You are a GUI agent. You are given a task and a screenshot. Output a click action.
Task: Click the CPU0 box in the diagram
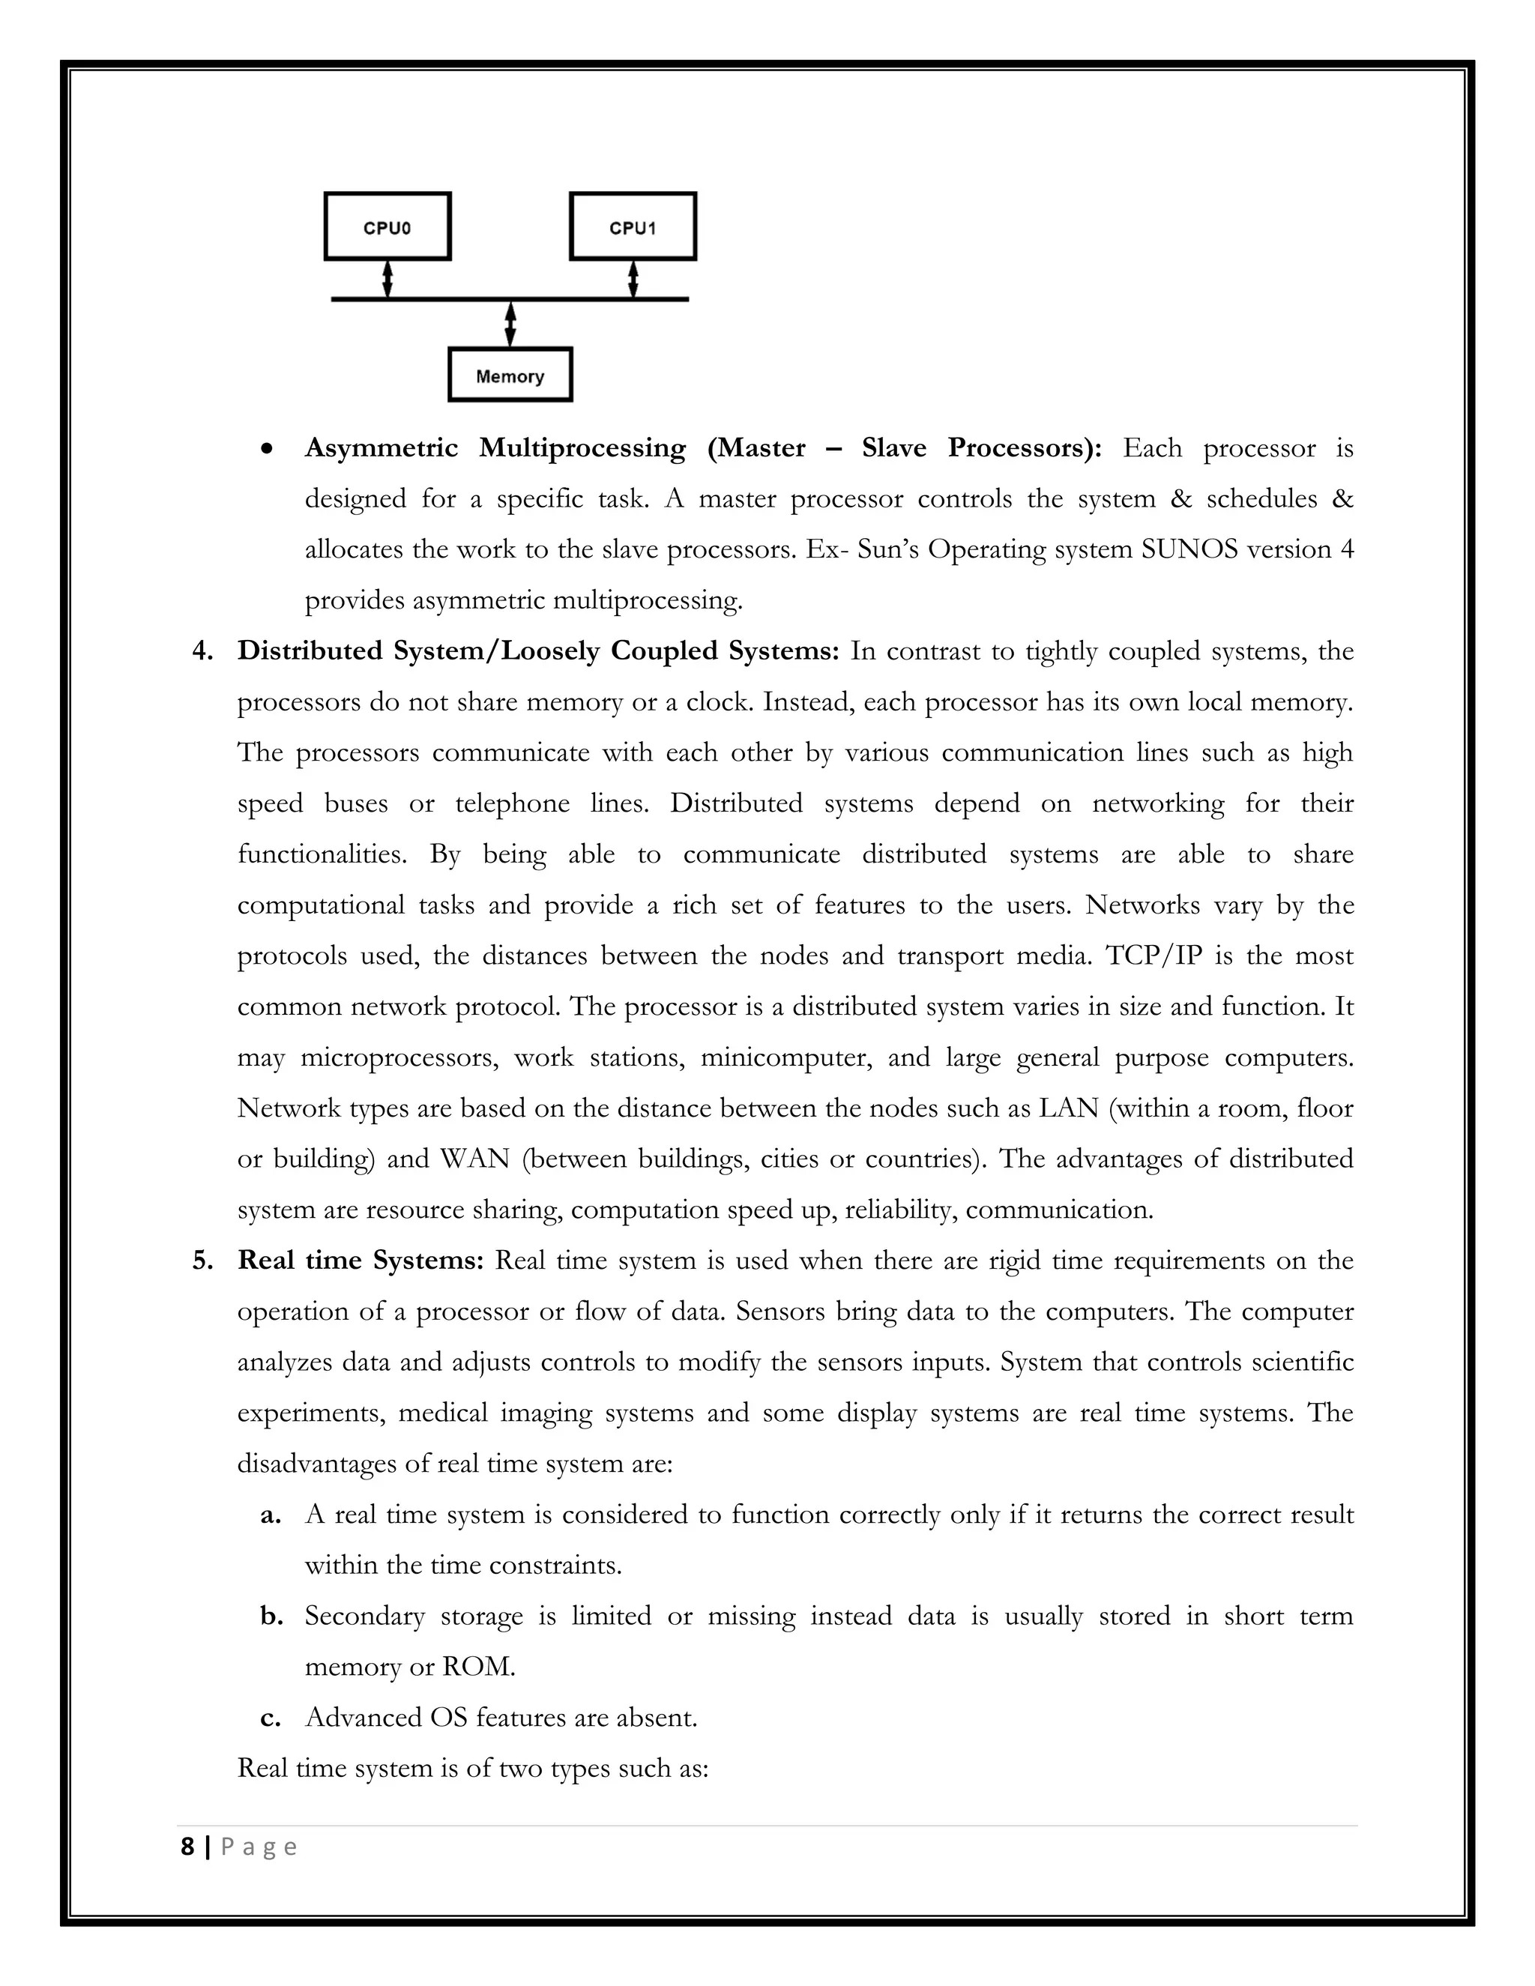(x=387, y=226)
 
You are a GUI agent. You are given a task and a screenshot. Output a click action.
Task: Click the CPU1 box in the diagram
(x=633, y=226)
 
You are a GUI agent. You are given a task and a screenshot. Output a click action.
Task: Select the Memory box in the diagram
(x=510, y=375)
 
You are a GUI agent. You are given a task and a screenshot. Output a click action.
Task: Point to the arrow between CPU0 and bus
(x=387, y=280)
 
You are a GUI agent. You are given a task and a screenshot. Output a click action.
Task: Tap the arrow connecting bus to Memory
(x=510, y=324)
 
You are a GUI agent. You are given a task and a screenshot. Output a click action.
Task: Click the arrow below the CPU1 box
(x=633, y=280)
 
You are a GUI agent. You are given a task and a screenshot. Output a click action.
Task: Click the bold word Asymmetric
(x=381, y=448)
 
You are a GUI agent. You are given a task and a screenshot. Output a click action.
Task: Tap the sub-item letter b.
(x=270, y=1617)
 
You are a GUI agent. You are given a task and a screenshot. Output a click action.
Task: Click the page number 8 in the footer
(x=187, y=1847)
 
